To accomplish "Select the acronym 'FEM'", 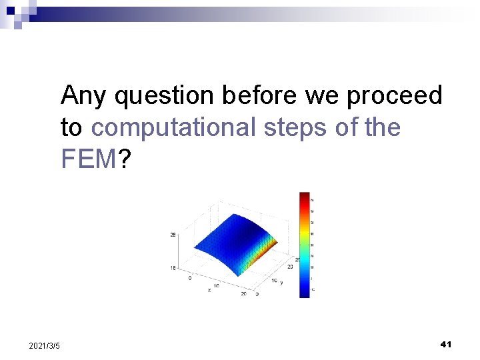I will (x=89, y=159).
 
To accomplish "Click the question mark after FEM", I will (x=124, y=159).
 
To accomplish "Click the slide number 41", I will (x=446, y=344).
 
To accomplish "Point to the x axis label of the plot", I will (x=209, y=290).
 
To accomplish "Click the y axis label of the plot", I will (x=281, y=282).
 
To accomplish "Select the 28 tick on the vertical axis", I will (x=173, y=235).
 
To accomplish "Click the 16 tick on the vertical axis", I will (x=173, y=267).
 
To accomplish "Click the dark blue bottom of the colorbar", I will (x=305, y=292).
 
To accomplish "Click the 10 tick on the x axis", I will (x=215, y=285).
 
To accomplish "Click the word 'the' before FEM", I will (x=383, y=127).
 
